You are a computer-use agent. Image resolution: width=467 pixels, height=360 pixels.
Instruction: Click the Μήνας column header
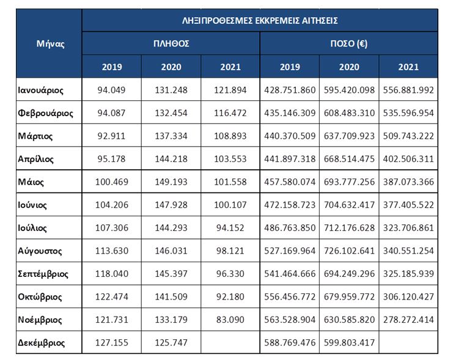[50, 44]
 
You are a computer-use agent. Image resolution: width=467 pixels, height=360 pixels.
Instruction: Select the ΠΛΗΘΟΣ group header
[171, 43]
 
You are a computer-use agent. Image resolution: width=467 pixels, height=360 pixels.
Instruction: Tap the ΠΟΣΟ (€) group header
[349, 44]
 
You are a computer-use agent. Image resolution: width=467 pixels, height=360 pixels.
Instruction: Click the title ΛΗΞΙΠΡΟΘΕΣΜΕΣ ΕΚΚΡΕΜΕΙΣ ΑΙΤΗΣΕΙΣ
[260, 21]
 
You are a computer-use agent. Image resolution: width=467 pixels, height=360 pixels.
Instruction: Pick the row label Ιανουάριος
[40, 90]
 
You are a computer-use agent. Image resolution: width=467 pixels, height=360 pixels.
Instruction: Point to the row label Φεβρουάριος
[45, 113]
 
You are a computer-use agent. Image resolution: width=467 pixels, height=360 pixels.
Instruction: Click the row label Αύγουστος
[40, 251]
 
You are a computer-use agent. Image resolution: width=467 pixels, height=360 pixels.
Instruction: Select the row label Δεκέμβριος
[41, 343]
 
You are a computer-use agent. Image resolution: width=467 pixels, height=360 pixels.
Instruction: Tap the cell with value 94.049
[111, 90]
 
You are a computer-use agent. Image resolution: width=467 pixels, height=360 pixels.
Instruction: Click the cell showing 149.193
[171, 182]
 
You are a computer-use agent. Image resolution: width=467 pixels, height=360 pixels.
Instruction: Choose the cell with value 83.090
[230, 320]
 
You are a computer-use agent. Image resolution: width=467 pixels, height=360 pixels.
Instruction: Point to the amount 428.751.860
[290, 90]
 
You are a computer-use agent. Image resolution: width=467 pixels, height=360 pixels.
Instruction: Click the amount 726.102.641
[349, 251]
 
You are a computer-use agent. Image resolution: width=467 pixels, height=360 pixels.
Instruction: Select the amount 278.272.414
[408, 320]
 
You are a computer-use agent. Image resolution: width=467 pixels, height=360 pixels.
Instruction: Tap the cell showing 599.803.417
[349, 342]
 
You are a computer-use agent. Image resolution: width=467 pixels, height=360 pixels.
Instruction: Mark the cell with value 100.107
[230, 205]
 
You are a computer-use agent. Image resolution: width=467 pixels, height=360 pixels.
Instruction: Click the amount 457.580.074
[290, 182]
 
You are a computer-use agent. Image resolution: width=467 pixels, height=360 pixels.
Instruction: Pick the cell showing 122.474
[112, 296]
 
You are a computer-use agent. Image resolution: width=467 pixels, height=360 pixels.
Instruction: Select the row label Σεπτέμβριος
[43, 274]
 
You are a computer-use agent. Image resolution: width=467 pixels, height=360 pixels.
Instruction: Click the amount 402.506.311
[408, 159]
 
